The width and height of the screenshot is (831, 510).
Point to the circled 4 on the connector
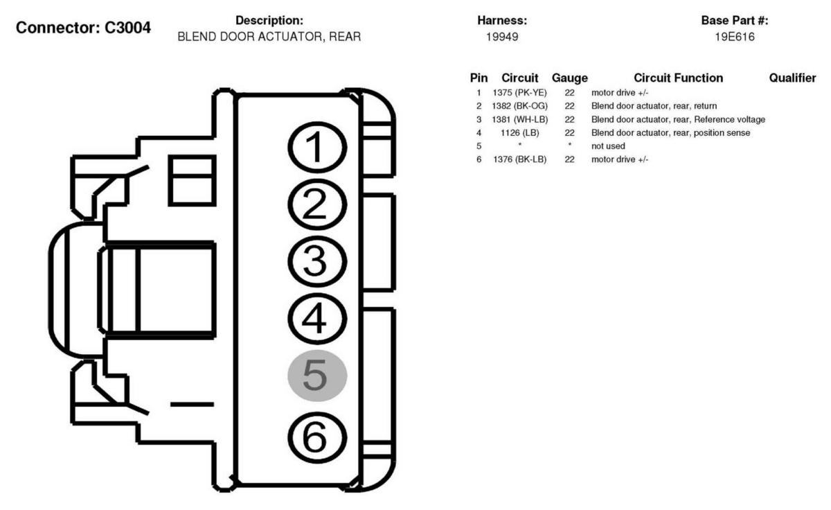pos(316,319)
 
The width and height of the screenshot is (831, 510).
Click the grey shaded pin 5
pos(317,376)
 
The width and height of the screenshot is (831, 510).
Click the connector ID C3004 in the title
pos(128,28)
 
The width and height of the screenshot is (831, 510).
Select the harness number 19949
pos(502,37)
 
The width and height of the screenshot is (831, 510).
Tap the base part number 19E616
pos(735,37)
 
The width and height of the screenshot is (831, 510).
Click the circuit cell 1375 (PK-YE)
pos(520,93)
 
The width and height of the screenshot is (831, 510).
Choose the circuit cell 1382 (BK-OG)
pos(520,106)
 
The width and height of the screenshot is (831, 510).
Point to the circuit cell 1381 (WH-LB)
pos(520,119)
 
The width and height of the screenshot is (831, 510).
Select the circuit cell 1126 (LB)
pos(520,132)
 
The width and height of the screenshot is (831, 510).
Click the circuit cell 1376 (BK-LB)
pos(520,159)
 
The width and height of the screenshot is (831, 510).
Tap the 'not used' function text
pos(608,146)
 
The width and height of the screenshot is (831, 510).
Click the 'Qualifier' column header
pos(792,78)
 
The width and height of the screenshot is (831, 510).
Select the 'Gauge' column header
pos(569,78)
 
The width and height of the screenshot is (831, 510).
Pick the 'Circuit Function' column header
pos(678,78)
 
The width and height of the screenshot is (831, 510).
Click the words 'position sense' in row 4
pos(723,132)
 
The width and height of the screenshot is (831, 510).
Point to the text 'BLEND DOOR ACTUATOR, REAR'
pos(269,37)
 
